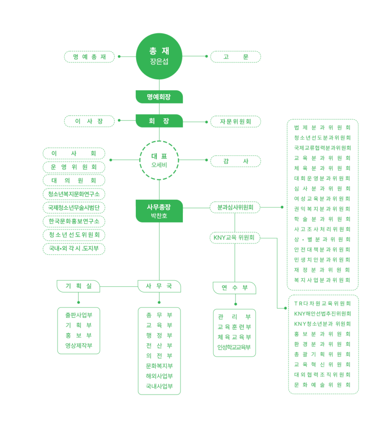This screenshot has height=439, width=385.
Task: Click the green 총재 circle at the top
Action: coord(159,56)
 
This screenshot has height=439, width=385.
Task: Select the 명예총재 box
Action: coord(90,57)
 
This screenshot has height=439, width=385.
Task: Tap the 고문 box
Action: coord(235,57)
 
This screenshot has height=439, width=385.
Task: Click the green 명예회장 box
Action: coord(159,97)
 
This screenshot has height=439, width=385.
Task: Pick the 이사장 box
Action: coord(90,121)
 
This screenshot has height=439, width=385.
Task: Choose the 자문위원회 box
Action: coord(235,121)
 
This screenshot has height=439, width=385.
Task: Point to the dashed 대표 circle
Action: coord(159,160)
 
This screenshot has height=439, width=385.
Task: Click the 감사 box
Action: coord(235,161)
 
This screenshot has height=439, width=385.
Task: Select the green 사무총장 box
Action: coord(159,211)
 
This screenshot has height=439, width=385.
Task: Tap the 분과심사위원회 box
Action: coord(235,207)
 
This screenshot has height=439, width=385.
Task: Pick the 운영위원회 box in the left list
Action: coord(74,167)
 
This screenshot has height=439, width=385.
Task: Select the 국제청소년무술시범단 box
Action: coord(74,207)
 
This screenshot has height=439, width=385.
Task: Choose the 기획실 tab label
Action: coord(78,286)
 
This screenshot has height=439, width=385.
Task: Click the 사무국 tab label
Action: coord(159,286)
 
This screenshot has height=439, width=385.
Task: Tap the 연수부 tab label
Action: coord(234,288)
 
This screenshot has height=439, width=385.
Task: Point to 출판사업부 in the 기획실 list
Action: coord(79,315)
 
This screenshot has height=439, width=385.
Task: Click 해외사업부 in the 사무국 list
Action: coord(159,376)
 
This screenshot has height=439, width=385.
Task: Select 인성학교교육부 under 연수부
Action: coord(234,347)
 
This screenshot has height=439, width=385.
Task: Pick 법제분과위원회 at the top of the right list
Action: coord(322,127)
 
